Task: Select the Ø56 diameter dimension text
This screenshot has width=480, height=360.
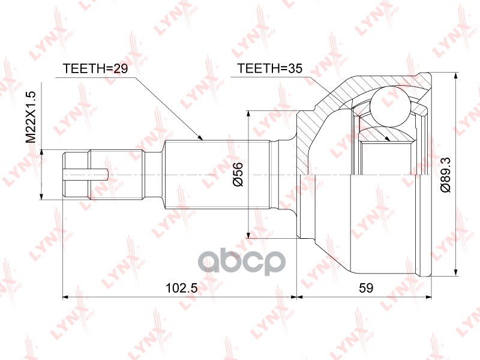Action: click(x=238, y=174)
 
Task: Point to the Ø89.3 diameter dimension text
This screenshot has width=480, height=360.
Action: click(x=445, y=174)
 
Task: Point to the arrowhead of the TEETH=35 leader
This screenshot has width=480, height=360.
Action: click(x=389, y=139)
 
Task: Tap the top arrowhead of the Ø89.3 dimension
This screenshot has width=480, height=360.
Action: click(x=458, y=77)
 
